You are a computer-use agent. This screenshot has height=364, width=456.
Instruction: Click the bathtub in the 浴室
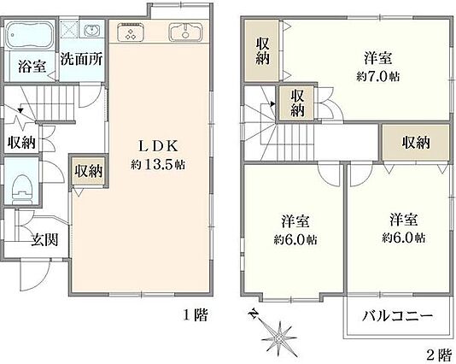tap(30, 35)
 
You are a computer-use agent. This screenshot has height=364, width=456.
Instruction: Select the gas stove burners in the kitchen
tap(131, 32)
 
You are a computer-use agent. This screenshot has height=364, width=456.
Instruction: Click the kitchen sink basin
tap(185, 32)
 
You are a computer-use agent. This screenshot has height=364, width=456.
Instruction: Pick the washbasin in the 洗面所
tap(92, 30)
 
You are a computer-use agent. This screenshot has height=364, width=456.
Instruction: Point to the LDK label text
tap(158, 146)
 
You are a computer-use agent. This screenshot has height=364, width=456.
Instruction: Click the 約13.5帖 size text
tap(158, 165)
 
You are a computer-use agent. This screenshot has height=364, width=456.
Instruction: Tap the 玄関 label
tap(44, 240)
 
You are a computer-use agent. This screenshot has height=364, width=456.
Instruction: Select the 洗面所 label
tap(81, 59)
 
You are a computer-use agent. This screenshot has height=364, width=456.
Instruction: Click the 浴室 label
tap(32, 67)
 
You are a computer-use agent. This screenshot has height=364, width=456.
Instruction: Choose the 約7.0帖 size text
tap(377, 77)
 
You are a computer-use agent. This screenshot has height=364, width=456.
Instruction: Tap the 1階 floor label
tap(196, 314)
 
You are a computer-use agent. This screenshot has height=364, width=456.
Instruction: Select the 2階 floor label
tap(439, 355)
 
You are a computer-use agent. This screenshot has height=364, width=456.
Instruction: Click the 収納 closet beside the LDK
tap(89, 172)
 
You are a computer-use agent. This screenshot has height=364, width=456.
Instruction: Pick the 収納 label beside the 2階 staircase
tap(297, 103)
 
